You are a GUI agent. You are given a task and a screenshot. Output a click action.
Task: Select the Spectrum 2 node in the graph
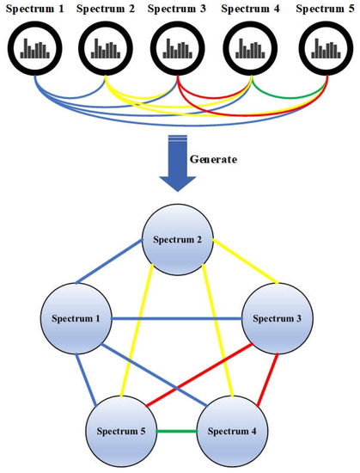(179, 239)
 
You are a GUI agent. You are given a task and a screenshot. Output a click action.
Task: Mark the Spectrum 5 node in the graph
(120, 427)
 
